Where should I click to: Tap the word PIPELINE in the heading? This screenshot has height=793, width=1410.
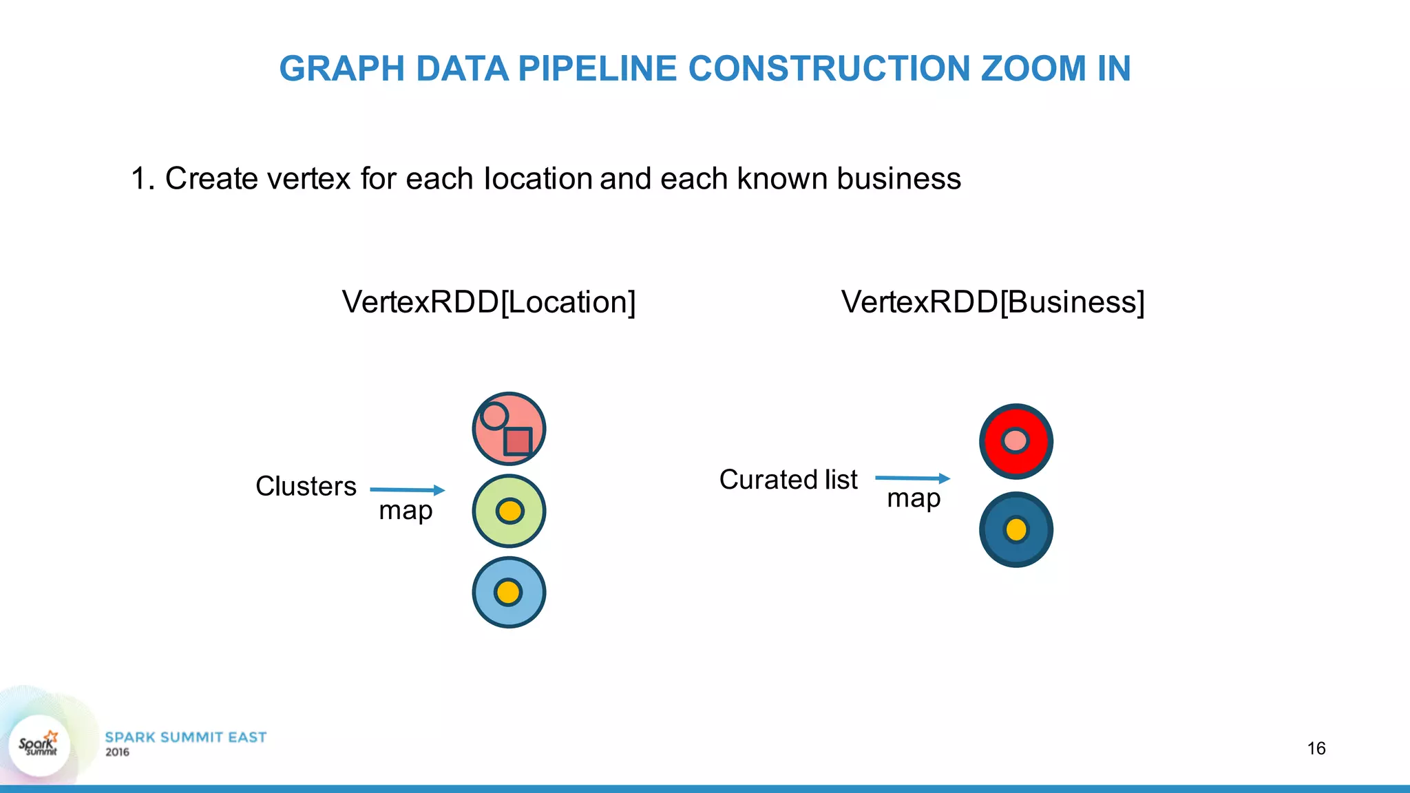point(597,69)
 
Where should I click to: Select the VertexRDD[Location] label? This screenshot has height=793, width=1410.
point(489,302)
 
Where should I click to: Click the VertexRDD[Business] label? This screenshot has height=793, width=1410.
point(993,302)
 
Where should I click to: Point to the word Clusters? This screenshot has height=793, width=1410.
point(306,487)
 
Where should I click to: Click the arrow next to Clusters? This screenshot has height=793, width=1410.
point(408,490)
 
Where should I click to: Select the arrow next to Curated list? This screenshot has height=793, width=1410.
point(912,478)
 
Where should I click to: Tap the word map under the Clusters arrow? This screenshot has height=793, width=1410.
point(406,511)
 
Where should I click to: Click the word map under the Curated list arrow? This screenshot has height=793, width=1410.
point(914,498)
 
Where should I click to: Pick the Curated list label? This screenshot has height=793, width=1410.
point(788,480)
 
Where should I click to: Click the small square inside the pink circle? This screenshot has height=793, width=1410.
point(518,441)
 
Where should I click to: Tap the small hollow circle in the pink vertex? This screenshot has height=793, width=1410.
point(494,416)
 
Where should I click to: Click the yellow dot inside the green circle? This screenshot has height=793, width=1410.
point(509,511)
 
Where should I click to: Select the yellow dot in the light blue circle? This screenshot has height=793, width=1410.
point(508,592)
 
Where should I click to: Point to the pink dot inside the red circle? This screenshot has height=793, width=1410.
point(1016,441)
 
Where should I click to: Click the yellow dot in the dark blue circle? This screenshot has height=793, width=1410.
point(1016,529)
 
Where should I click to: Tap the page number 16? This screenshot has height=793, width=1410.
point(1316,748)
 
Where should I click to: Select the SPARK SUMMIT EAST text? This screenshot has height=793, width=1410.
point(185,737)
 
